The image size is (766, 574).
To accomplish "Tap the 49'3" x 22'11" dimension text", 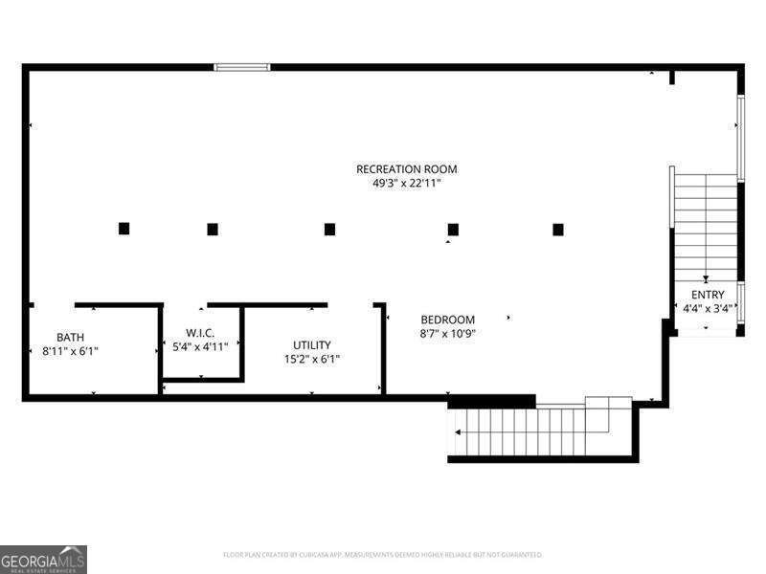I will tap(407, 184).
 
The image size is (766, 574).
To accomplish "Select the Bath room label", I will tap(70, 337).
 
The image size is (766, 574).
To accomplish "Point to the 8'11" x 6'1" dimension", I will tap(70, 351).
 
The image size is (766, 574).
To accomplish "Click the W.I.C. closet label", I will tap(200, 332).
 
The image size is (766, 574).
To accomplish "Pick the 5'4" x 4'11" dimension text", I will tap(200, 346).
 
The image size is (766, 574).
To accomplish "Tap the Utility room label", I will tap(312, 345).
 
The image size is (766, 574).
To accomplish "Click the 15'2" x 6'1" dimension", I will tap(312, 360).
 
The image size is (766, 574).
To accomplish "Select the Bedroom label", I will tap(448, 320).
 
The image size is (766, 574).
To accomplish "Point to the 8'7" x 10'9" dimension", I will tap(448, 334).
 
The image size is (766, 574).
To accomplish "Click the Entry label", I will tap(708, 295).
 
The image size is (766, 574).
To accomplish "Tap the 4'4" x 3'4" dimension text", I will tap(708, 309).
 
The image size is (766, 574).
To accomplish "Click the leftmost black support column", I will tap(124, 229).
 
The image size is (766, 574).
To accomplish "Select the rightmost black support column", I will tap(558, 229).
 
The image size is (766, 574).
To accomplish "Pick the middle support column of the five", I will tap(329, 229).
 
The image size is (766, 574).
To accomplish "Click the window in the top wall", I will tap(241, 67).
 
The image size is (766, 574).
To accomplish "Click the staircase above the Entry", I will tap(706, 225).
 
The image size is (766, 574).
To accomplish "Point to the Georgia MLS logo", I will tap(43, 559).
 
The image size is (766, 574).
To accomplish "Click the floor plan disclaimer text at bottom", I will tap(382, 554).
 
